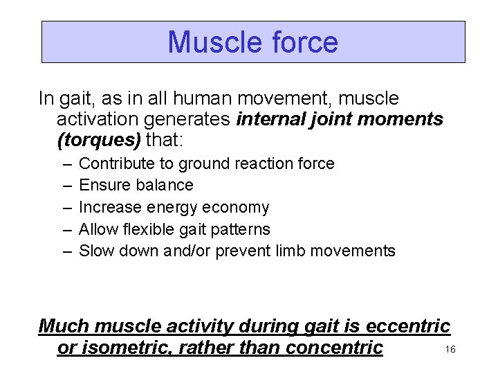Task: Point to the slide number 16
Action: tap(450, 350)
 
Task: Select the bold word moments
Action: tap(402, 120)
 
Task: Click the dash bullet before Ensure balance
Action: tap(66, 186)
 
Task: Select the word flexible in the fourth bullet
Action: tap(149, 229)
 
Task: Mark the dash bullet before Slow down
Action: tap(66, 251)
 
